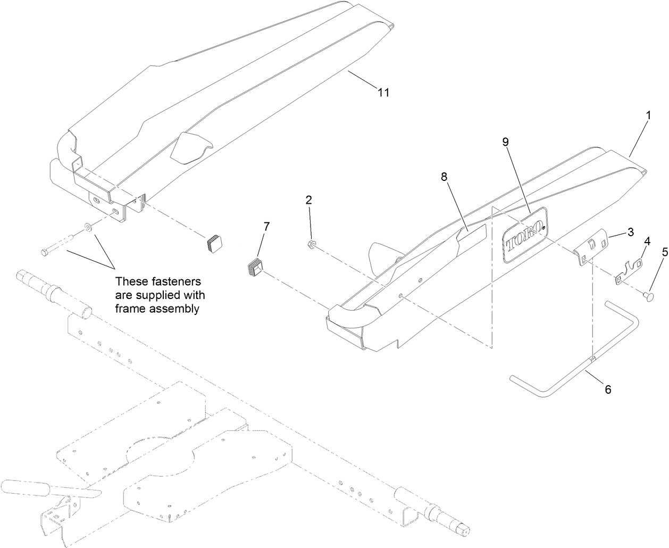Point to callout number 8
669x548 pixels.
(444, 177)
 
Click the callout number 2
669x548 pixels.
(308, 200)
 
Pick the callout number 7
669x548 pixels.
(266, 226)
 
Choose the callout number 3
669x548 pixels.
(631, 232)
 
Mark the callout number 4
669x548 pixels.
(647, 240)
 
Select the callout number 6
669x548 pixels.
(607, 389)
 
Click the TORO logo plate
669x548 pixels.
(525, 235)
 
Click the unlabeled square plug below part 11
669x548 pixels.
(215, 243)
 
